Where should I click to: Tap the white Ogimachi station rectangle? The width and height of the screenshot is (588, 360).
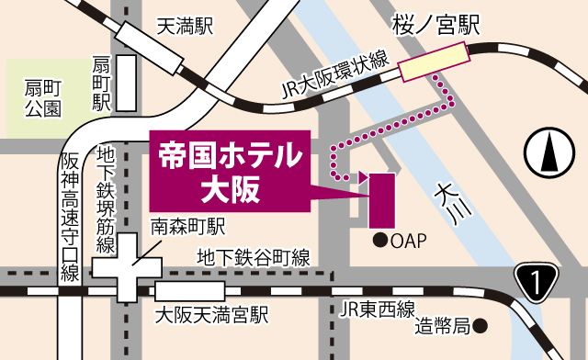tap(125, 84)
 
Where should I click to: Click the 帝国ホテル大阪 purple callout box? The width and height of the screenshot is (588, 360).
tap(229, 171)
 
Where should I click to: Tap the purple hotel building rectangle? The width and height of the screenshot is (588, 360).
tap(381, 200)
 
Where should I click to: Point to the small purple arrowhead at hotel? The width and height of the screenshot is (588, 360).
tap(363, 176)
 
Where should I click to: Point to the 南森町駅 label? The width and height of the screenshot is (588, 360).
tap(188, 225)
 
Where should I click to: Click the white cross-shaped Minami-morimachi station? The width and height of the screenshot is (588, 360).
tap(127, 266)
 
